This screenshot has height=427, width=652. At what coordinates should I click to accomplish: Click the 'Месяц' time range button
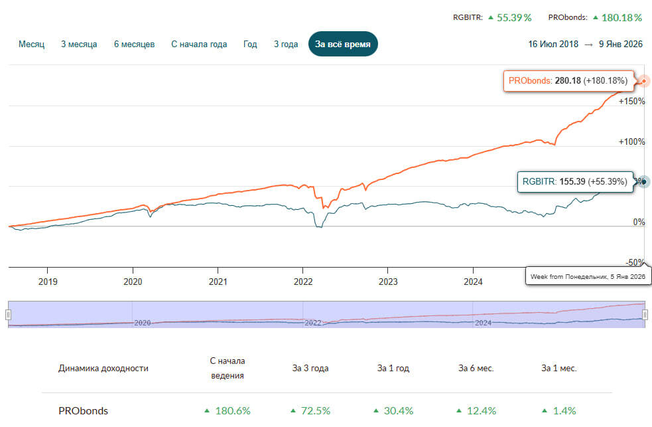click(31, 44)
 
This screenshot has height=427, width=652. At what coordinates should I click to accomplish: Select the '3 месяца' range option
click(79, 44)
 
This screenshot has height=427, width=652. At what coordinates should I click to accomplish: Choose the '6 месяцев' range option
click(134, 44)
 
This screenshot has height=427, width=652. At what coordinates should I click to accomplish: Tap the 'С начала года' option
click(199, 44)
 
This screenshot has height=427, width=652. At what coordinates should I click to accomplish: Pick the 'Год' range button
click(250, 44)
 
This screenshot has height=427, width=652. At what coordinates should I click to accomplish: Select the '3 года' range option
click(286, 44)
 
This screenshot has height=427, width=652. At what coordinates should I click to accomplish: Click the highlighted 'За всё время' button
click(343, 44)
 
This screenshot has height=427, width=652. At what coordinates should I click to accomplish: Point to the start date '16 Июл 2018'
click(553, 44)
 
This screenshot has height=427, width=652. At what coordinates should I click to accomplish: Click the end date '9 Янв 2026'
click(619, 44)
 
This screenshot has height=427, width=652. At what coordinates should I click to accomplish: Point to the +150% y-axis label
click(631, 102)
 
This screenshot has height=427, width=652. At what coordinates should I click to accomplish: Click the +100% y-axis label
click(631, 141)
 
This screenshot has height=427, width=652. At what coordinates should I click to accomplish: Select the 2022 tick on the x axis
click(303, 281)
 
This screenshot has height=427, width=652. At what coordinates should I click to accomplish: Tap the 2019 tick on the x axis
click(48, 281)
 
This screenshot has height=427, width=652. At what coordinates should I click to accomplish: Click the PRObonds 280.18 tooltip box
click(568, 81)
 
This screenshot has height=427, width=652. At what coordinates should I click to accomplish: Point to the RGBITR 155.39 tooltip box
click(574, 181)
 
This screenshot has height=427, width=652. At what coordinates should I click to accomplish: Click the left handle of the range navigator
click(9, 314)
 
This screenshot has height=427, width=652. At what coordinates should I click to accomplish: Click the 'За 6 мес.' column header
click(476, 368)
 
